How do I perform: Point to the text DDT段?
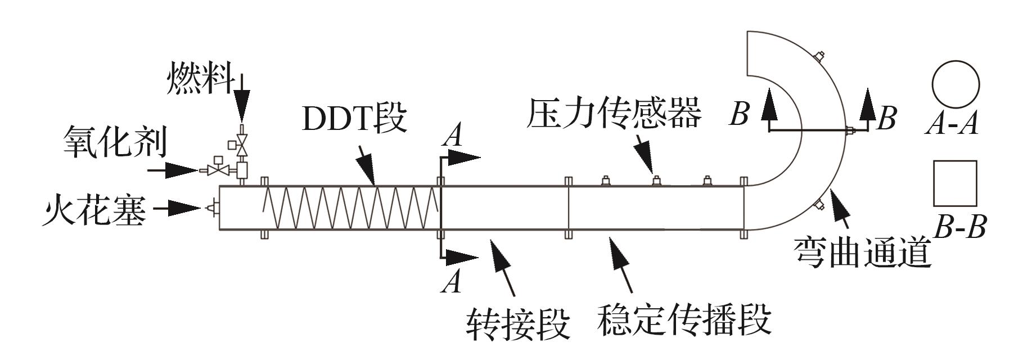354,118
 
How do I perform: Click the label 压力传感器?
614,113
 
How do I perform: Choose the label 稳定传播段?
683,320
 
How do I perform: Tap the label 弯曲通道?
863,253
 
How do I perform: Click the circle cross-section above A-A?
956,84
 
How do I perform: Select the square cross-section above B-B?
955,183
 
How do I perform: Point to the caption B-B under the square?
959,228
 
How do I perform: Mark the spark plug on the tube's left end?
213,208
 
